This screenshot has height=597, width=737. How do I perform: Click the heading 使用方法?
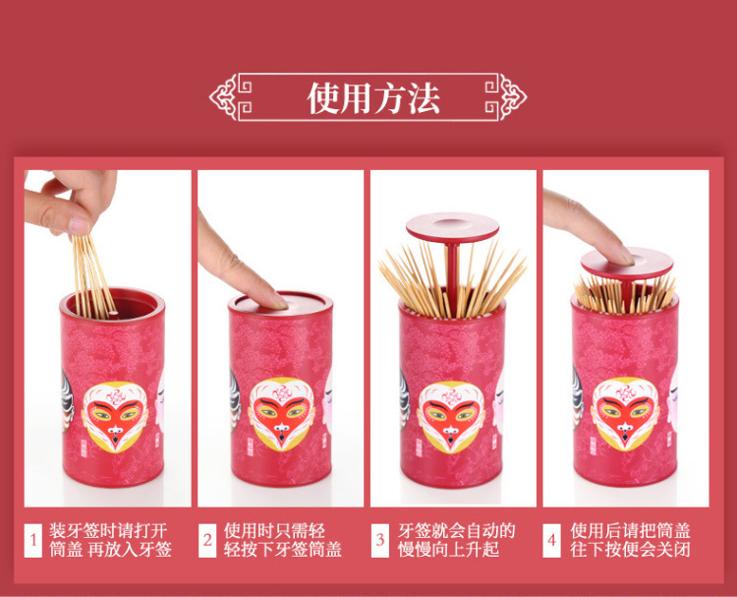pos(373,98)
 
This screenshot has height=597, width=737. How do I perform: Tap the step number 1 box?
pos(32,541)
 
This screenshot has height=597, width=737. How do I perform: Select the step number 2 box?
pos(206,541)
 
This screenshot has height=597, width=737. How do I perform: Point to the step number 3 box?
pos(379,541)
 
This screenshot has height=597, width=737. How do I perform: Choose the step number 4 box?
pos(552,541)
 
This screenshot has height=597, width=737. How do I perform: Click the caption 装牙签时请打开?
pos(108,531)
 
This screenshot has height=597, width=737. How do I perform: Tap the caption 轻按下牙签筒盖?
pos(282,550)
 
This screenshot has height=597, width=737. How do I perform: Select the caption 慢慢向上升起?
pos(448,550)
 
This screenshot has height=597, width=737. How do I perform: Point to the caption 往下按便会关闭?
pos(630,550)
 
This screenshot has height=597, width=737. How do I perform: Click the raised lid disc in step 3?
pos(453,228)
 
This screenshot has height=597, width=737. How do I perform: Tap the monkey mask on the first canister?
pos(115,417)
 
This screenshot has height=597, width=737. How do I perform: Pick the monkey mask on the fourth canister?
pos(625,414)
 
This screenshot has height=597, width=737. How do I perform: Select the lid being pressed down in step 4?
pos(627,264)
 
